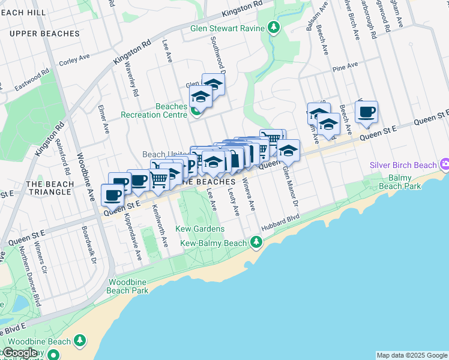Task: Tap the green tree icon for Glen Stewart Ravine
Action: coord(274,27)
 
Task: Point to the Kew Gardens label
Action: coord(200,229)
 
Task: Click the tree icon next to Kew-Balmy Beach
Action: coord(256,242)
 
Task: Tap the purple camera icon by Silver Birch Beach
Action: coord(445,164)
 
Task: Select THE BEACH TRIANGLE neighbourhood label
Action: coord(50,188)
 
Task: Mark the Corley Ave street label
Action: coord(74,59)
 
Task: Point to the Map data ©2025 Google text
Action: coord(411,355)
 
